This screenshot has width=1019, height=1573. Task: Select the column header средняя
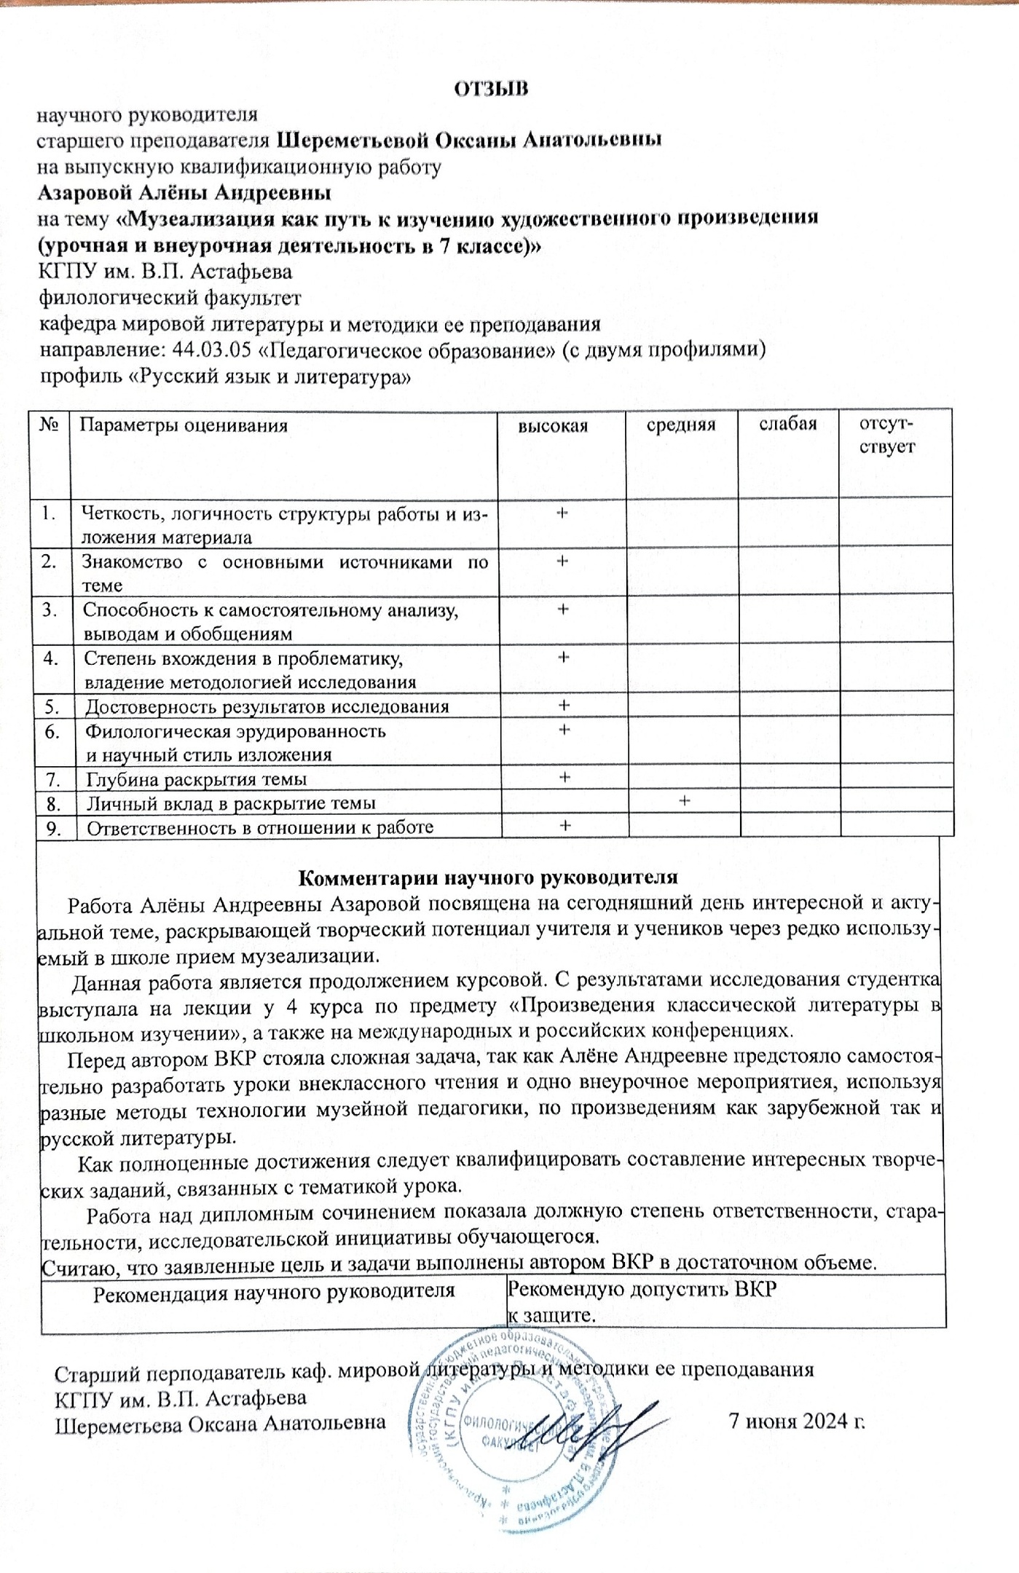[x=681, y=425]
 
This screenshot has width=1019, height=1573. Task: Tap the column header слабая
[x=788, y=424]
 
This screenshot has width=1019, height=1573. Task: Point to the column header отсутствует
[x=887, y=435]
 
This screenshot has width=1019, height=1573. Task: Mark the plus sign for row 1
[x=562, y=513]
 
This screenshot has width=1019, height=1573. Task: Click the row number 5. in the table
[x=51, y=706]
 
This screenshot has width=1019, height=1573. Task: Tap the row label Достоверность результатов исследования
[x=267, y=706]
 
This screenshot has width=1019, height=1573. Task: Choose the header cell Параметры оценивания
[x=183, y=426]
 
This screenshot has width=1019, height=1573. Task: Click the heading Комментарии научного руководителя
[x=489, y=877]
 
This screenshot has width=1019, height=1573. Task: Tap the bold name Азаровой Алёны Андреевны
[x=184, y=193]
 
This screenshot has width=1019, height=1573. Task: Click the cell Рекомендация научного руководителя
[x=275, y=1292]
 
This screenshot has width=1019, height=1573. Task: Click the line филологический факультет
[x=169, y=298]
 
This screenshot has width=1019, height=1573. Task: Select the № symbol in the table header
[x=49, y=425]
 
